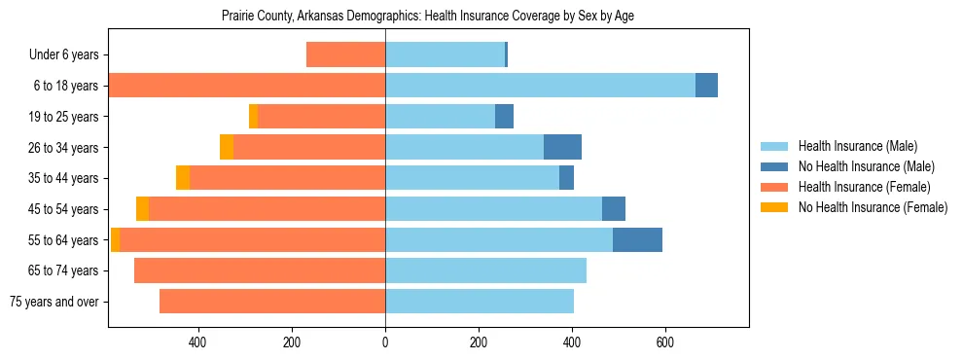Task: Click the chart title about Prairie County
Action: coord(427,17)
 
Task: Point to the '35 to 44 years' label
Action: coord(62,178)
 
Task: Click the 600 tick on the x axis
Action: coord(665,342)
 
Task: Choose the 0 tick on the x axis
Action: coord(385,342)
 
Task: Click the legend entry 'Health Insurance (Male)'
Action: coord(852,147)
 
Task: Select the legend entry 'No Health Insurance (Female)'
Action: coord(873,207)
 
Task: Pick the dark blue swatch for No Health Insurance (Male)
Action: coord(774,167)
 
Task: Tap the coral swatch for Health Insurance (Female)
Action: coord(774,187)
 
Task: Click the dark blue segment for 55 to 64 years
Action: coord(637,239)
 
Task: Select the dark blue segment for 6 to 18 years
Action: coord(706,86)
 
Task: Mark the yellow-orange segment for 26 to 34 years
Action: coord(227,147)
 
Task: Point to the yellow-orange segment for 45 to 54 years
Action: coord(142,209)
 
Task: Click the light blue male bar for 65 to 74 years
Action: coord(485,270)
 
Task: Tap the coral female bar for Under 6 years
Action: coord(345,54)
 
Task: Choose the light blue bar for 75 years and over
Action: coord(480,302)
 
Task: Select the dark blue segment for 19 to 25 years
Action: coord(504,117)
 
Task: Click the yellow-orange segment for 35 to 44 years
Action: coord(183,178)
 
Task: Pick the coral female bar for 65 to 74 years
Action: coord(260,270)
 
